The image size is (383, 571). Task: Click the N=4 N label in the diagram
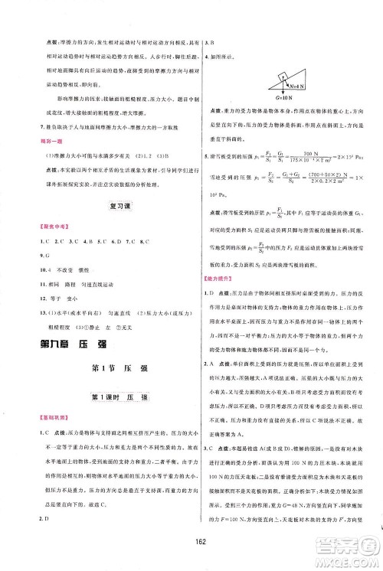[x=290, y=75]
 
